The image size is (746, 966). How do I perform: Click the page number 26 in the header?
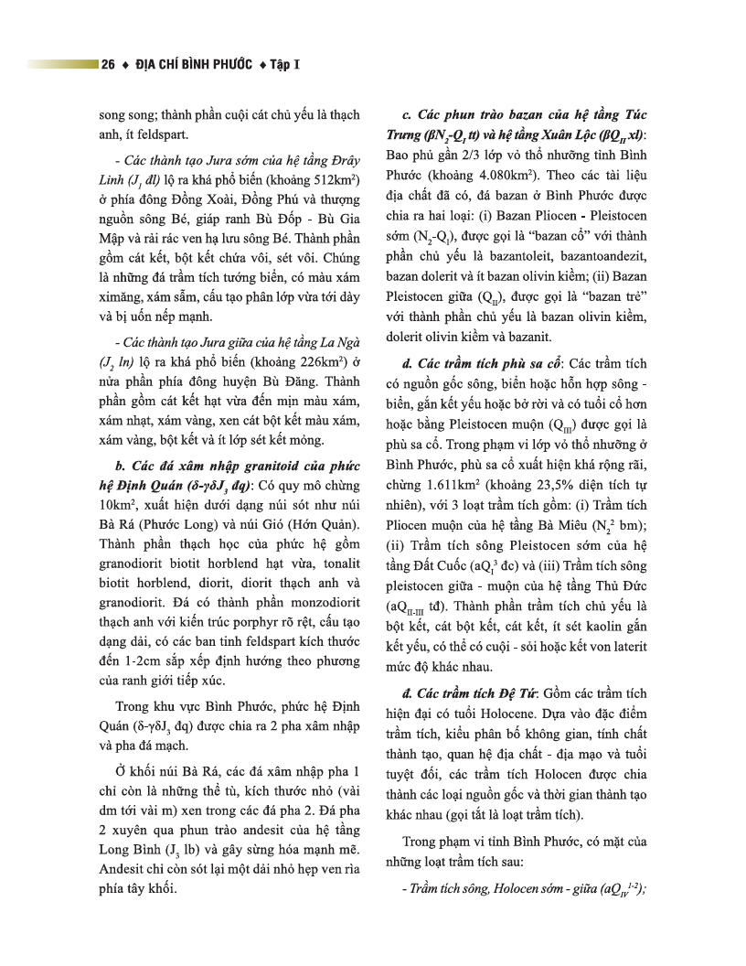click(109, 65)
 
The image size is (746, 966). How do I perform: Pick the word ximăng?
click(123, 296)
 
